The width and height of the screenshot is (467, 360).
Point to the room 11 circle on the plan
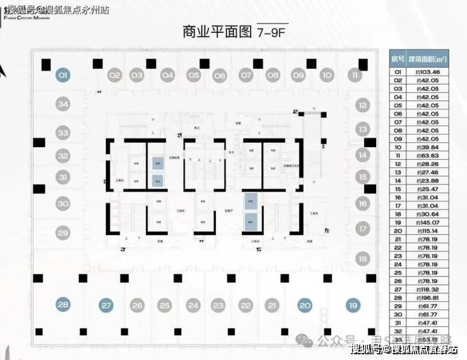pyautogui.click(x=355, y=75)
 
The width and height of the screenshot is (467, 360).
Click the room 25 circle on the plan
pyautogui.click(x=165, y=306)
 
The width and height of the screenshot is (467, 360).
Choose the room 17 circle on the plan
pyautogui.click(x=362, y=229)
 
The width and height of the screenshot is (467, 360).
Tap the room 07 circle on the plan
pyautogui.click(x=245, y=75)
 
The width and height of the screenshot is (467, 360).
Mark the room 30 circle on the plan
pyautogui.click(x=62, y=204)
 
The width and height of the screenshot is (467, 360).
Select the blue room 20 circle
pyautogui.click(x=305, y=306)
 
